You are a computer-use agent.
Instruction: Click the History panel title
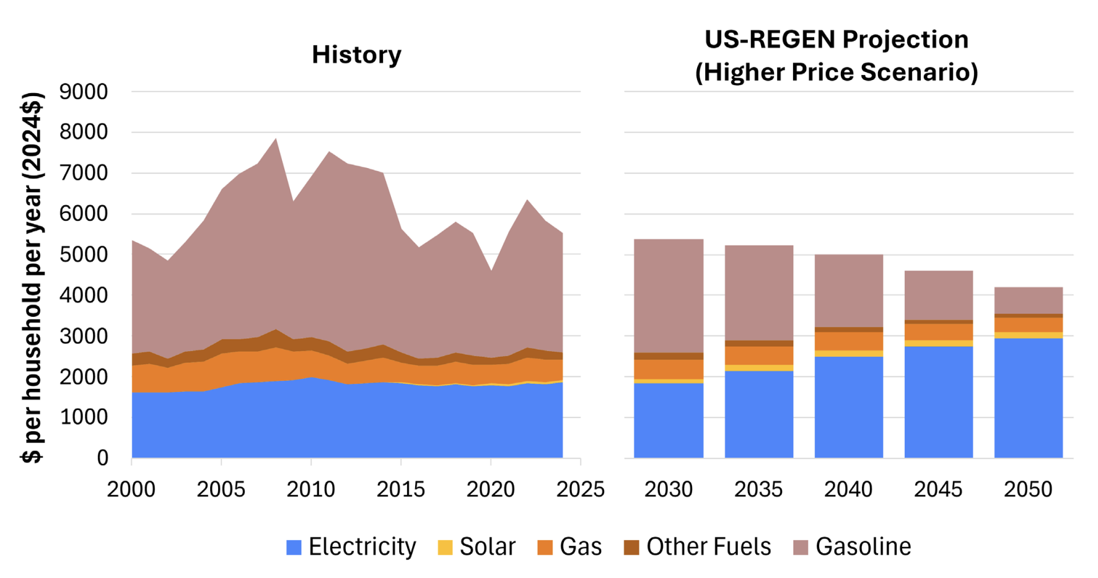356,55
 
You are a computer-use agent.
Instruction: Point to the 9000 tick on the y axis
84,92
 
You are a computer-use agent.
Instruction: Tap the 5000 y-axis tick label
84,255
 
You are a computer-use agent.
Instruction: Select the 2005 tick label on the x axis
221,489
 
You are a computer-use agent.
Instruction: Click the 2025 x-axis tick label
581,489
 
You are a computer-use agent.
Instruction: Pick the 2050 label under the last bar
1028,489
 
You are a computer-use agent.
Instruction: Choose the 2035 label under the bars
758,489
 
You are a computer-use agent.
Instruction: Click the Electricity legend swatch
294,547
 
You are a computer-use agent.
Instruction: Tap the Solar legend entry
477,547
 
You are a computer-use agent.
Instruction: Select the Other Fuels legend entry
698,547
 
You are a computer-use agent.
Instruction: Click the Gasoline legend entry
853,547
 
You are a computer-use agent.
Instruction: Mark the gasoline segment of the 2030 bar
669,296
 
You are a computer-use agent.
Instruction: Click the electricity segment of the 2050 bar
1029,398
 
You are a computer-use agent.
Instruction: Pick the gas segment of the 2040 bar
849,341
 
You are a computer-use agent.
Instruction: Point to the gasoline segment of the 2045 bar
939,296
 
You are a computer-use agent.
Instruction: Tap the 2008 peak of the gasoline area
276,138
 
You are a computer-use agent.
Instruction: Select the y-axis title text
32,277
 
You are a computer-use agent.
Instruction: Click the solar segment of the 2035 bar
759,368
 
